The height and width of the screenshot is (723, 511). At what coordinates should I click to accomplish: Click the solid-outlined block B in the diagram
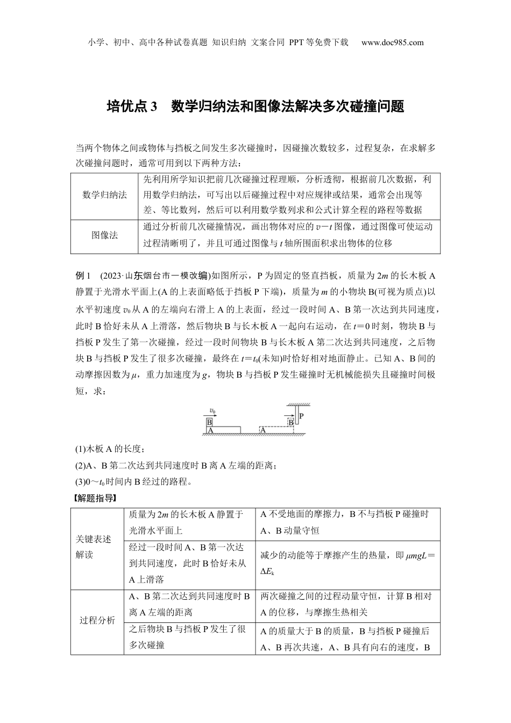click(x=210, y=422)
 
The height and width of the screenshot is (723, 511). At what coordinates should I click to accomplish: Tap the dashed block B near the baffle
click(x=290, y=422)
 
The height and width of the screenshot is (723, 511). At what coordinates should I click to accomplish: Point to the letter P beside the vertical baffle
click(x=301, y=416)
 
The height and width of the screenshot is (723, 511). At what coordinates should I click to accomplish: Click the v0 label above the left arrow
click(x=212, y=412)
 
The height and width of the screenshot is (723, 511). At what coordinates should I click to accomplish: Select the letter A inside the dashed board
click(x=262, y=430)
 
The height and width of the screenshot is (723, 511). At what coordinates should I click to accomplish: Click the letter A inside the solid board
click(x=210, y=430)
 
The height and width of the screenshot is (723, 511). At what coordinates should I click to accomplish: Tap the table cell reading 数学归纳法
click(x=104, y=195)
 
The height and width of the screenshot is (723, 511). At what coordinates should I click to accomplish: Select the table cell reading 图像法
click(x=104, y=235)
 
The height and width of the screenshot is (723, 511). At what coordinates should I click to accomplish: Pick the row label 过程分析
click(x=97, y=620)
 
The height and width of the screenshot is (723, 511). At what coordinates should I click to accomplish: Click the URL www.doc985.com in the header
click(x=392, y=42)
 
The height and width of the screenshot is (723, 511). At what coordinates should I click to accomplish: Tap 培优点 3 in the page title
click(x=131, y=107)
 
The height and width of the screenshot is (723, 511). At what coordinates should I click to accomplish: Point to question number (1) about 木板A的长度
click(x=81, y=449)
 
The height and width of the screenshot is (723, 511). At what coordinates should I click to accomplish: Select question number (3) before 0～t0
click(x=81, y=481)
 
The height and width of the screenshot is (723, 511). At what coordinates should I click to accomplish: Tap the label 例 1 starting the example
click(x=86, y=276)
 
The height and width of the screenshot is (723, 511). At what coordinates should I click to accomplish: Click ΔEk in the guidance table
click(x=267, y=571)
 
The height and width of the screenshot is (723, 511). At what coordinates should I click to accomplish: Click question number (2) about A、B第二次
click(x=81, y=465)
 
